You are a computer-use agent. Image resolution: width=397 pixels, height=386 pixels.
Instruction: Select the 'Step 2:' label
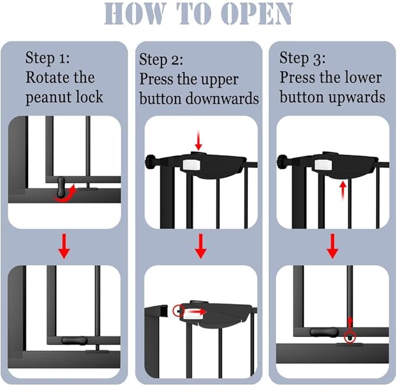coord(161,60)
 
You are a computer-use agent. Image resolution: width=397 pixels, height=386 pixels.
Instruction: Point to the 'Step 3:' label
coord(302,58)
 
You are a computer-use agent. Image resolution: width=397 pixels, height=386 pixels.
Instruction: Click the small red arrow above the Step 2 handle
coord(198,141)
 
